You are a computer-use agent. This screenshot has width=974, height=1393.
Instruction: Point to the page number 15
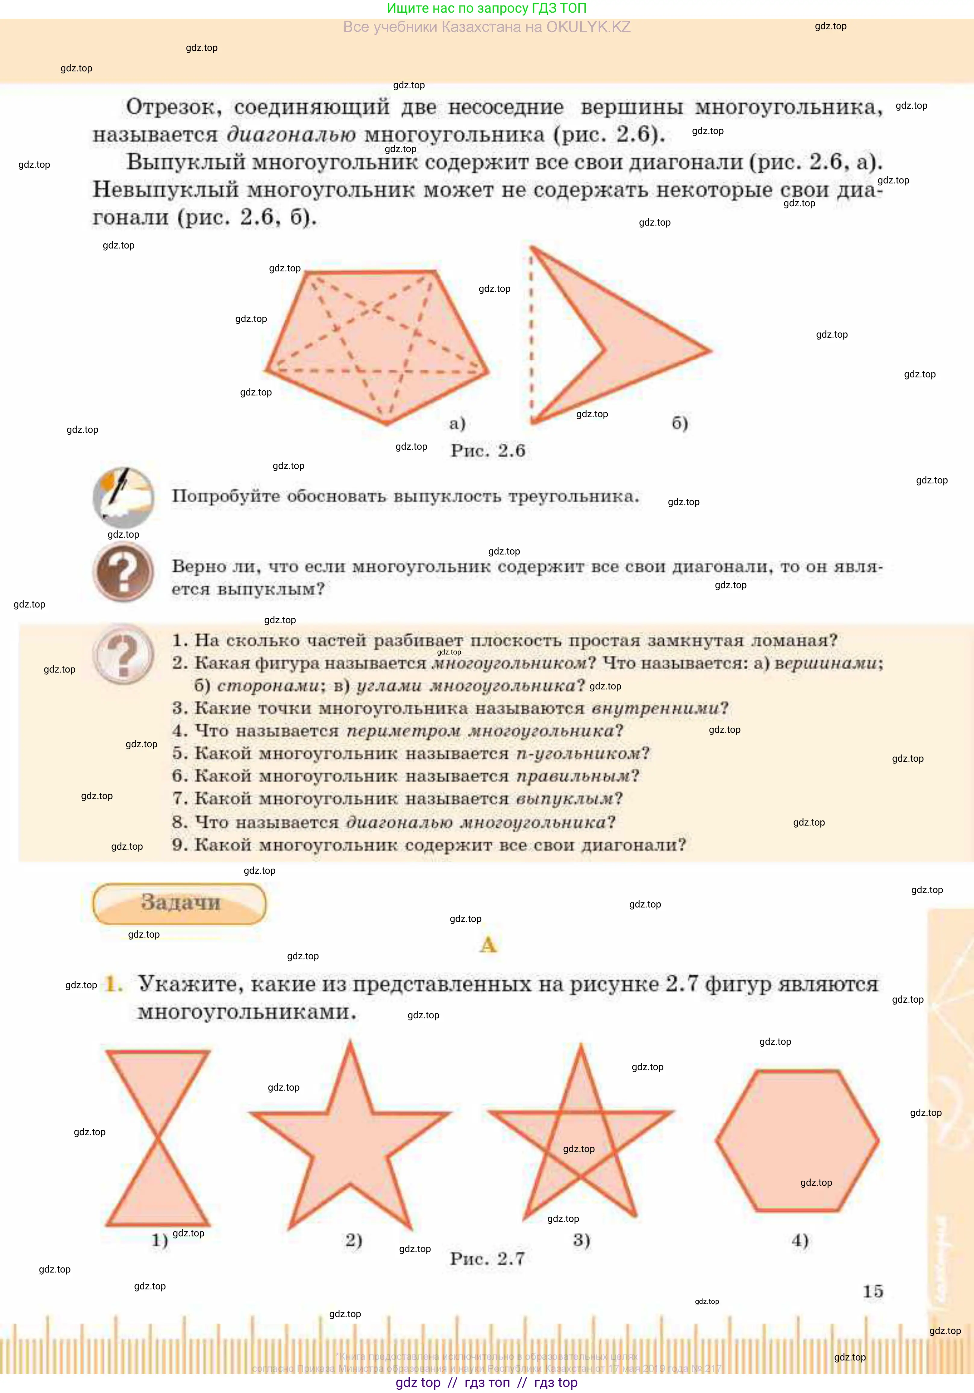[873, 1291]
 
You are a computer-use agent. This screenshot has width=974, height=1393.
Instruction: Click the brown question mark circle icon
[123, 572]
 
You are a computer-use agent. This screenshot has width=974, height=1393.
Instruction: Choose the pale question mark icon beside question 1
[123, 654]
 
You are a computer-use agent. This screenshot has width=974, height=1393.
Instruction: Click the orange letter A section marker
[488, 945]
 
